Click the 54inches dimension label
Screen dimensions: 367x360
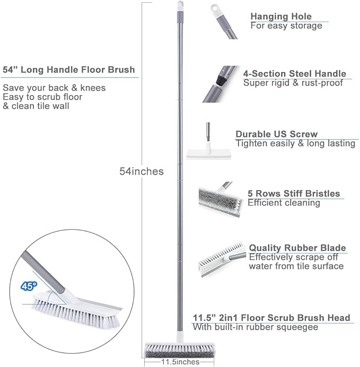141,172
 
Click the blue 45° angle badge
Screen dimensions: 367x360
29,286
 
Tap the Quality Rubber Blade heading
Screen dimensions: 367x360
297,248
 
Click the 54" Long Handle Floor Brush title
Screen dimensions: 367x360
69,70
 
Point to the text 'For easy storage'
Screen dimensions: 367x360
286,26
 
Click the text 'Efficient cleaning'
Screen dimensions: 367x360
284,203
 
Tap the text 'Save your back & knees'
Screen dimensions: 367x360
54,88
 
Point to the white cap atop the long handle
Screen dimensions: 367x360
179,6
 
